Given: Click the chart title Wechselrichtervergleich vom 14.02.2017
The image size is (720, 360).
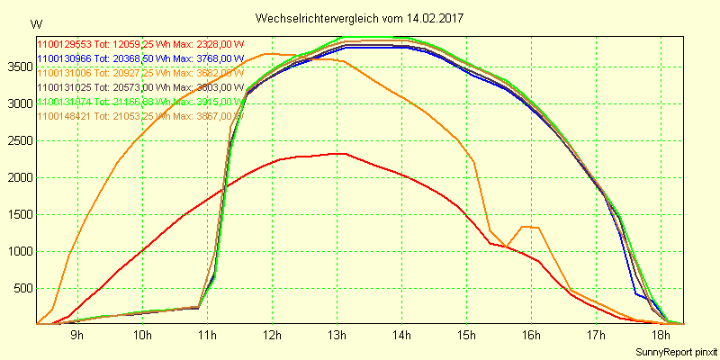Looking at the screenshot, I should pyautogui.click(x=359, y=18).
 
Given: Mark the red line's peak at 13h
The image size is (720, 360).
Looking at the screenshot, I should pyautogui.click(x=338, y=153).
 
